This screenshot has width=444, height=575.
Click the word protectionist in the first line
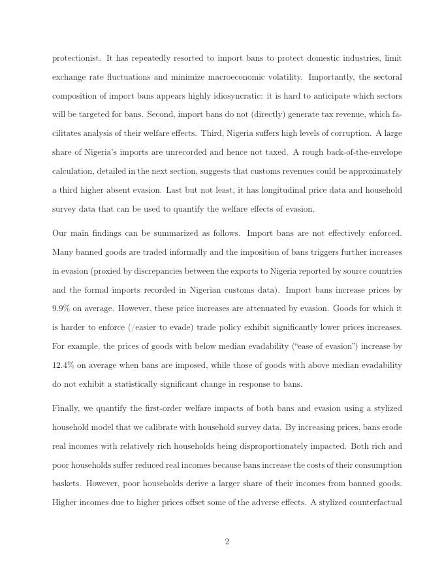[x=75, y=58]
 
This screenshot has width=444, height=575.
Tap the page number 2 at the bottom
[x=227, y=542]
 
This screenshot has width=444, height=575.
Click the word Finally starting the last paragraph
[x=67, y=409]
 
